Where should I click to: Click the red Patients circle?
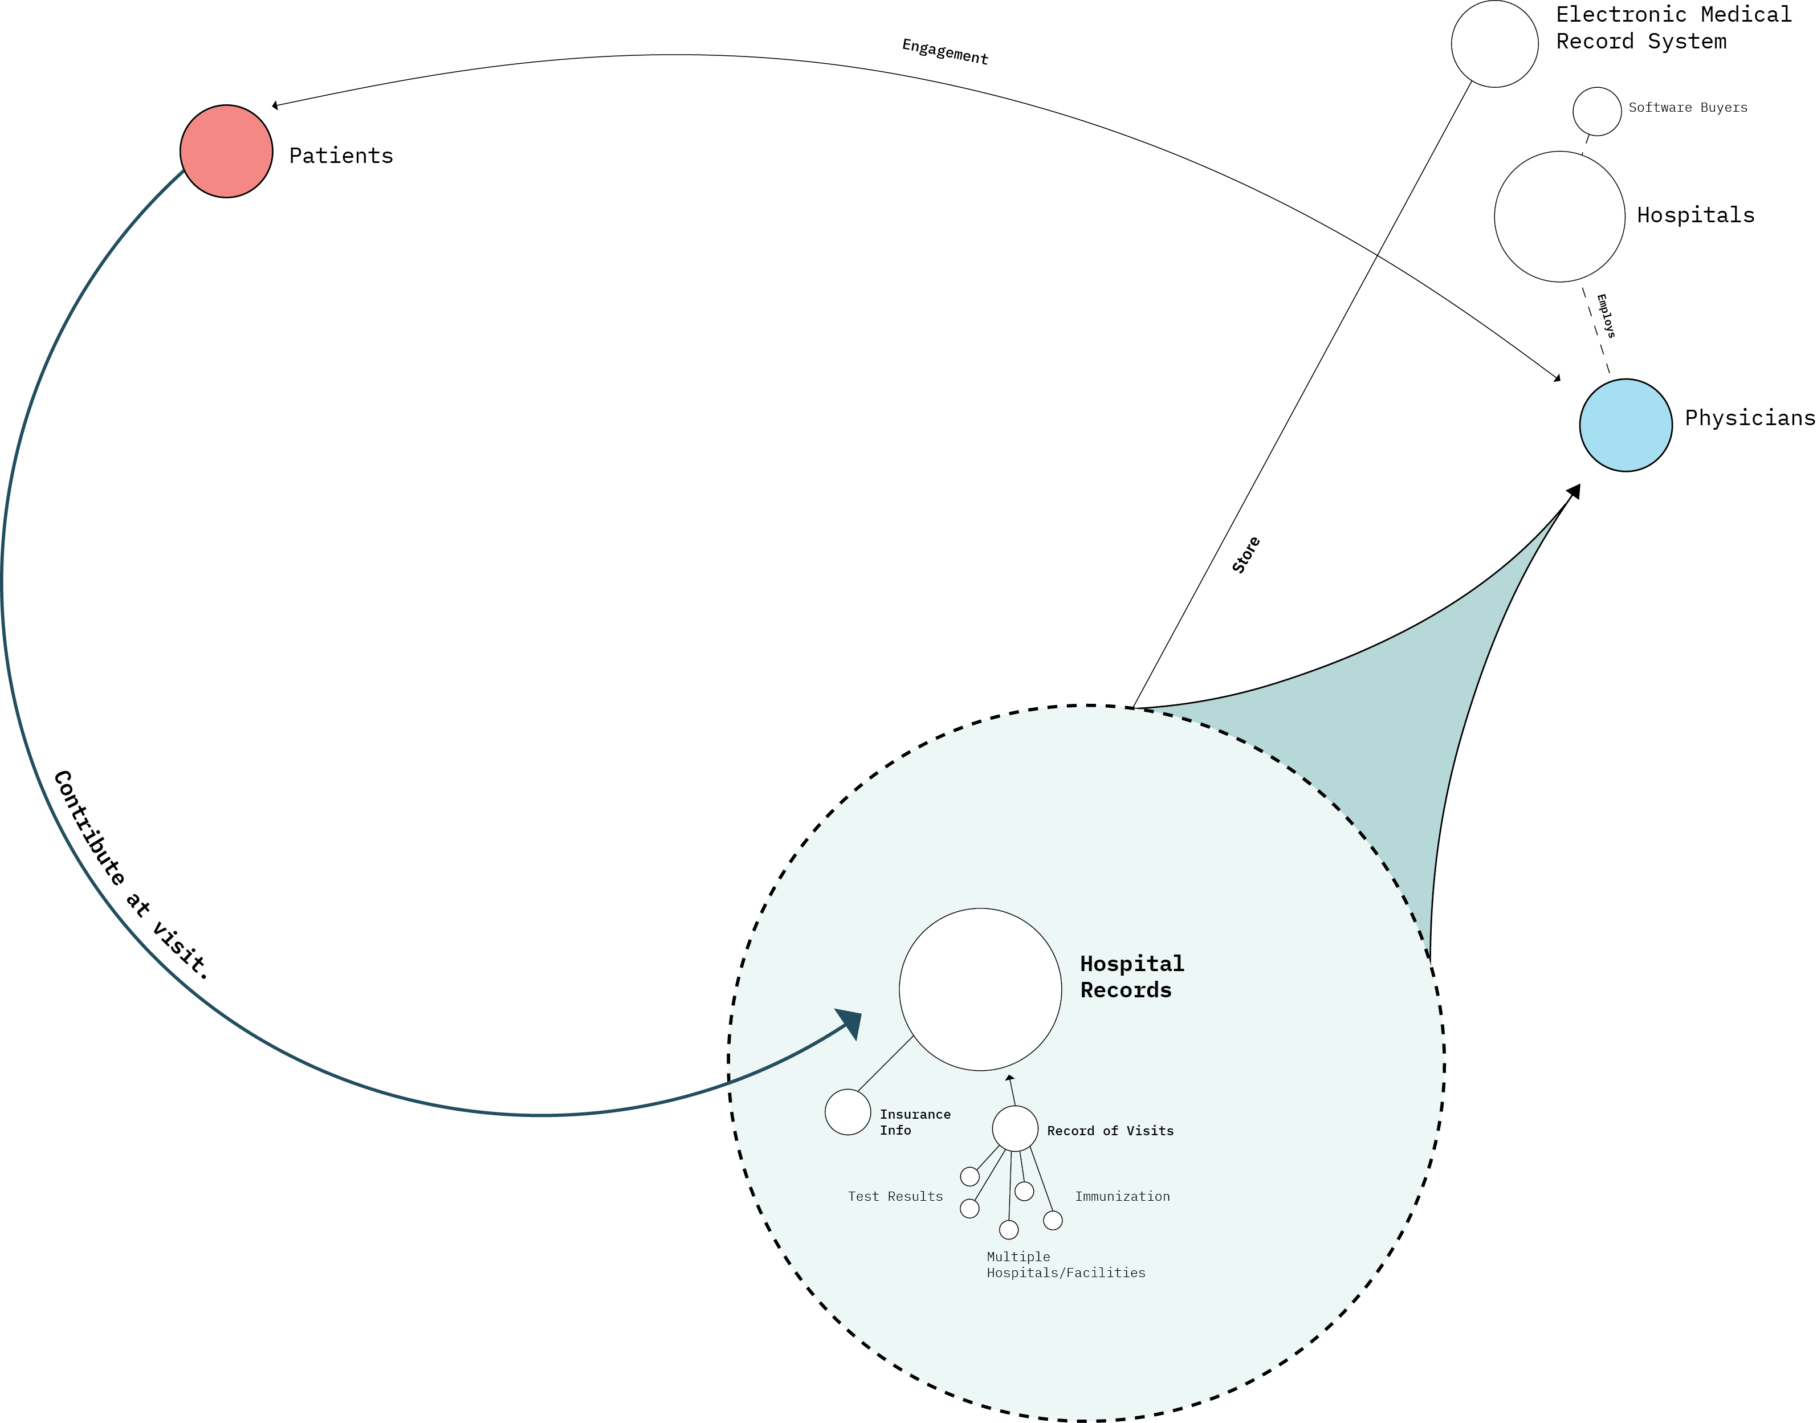(x=226, y=151)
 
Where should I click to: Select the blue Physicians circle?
(x=1625, y=425)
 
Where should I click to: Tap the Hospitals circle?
(x=1559, y=217)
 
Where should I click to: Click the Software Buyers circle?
(x=1596, y=111)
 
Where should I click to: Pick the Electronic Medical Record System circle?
(x=1494, y=43)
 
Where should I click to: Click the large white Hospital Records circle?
(x=980, y=989)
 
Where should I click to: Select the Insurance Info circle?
(x=848, y=1111)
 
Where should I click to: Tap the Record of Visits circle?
(x=1015, y=1128)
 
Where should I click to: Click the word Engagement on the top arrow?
(x=945, y=52)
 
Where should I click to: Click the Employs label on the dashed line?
(x=1606, y=316)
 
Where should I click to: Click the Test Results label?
(x=895, y=1196)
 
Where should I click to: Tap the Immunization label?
(x=1122, y=1196)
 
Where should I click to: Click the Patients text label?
(x=341, y=156)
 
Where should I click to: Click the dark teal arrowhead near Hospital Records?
(x=850, y=1022)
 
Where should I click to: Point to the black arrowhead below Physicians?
(x=1572, y=492)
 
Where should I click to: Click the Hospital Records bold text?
(x=1131, y=976)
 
